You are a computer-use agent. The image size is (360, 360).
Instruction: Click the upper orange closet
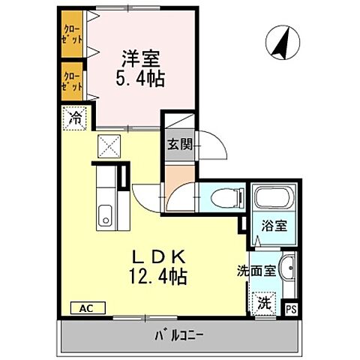click(72, 34)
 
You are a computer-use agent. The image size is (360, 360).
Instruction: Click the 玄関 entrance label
click(179, 145)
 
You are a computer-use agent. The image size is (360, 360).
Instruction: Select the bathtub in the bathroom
click(273, 199)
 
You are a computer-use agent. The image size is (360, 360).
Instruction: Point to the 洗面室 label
click(257, 265)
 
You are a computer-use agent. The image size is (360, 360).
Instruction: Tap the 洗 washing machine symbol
click(265, 303)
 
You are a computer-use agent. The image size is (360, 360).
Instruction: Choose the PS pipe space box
click(291, 306)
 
